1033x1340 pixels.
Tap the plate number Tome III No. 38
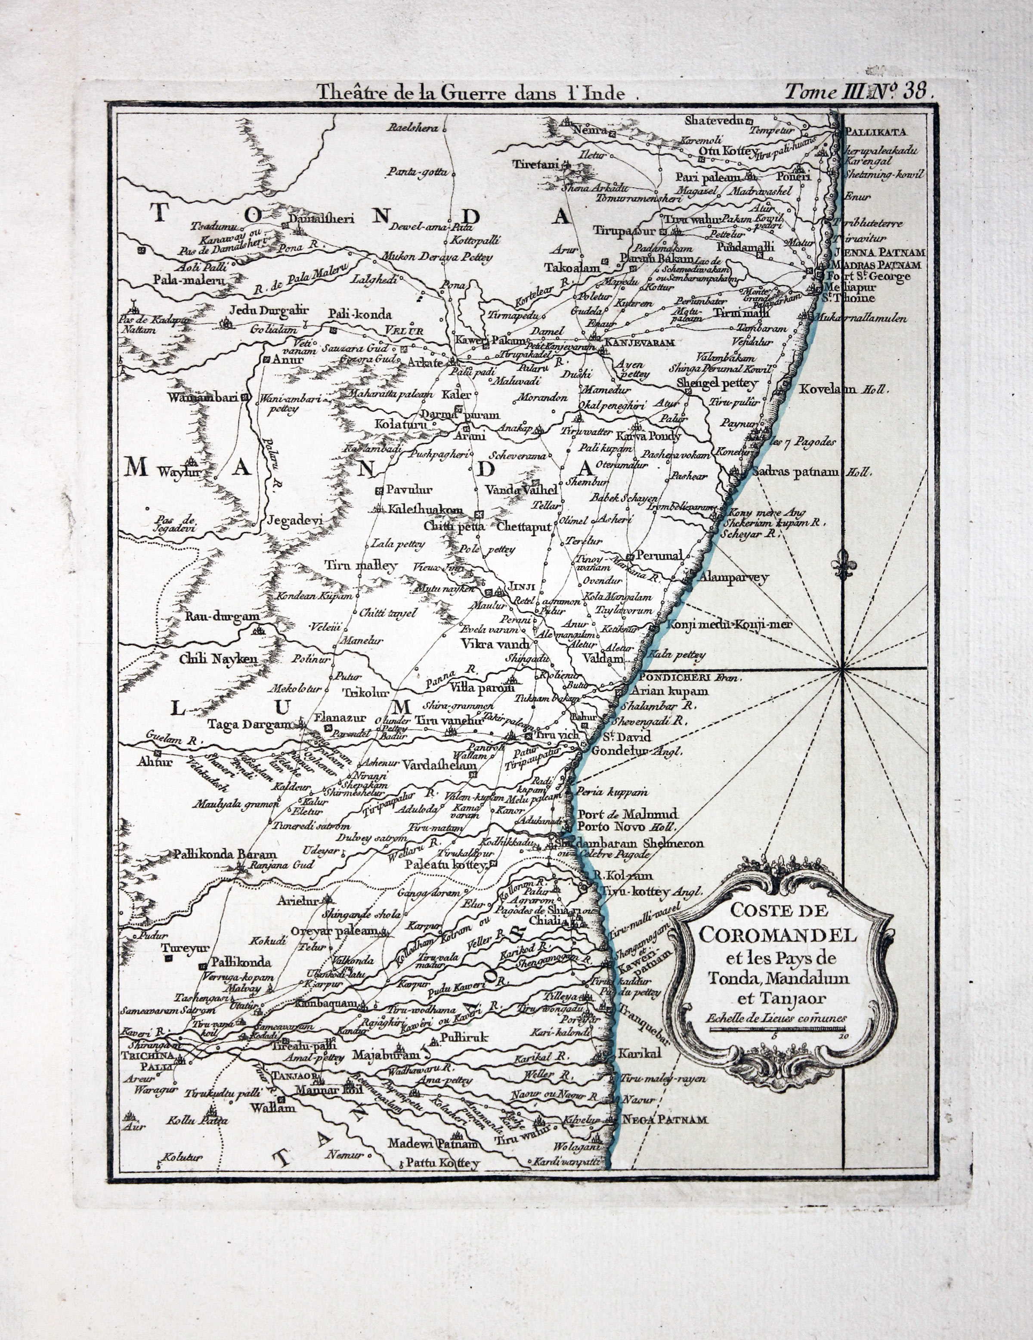(x=859, y=92)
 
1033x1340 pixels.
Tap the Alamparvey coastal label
(x=734, y=578)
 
